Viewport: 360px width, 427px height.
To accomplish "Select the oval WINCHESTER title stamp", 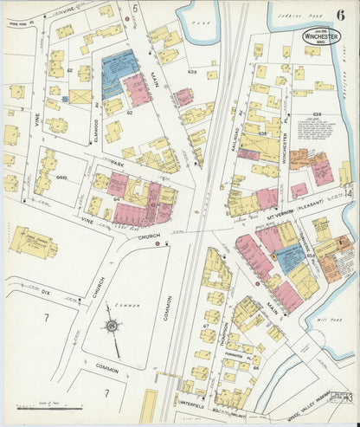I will (x=321, y=36).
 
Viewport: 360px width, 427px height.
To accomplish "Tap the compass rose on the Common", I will (x=111, y=327).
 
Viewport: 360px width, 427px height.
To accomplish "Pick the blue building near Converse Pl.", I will (x=288, y=258).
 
